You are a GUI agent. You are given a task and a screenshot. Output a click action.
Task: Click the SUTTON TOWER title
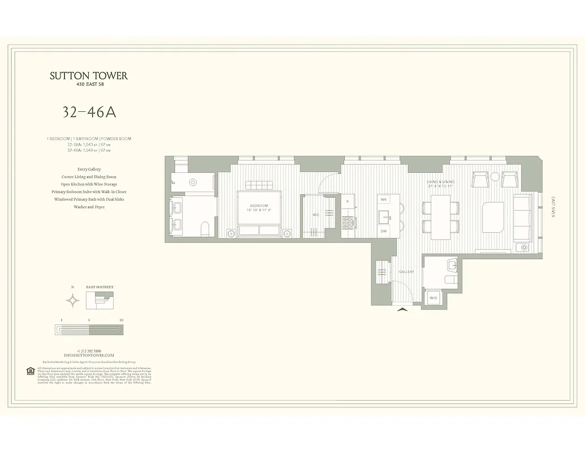pyautogui.click(x=89, y=76)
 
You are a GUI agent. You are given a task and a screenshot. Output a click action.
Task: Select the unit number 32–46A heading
pyautogui.click(x=89, y=112)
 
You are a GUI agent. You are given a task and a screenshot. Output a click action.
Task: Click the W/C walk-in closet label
pyautogui.click(x=317, y=215)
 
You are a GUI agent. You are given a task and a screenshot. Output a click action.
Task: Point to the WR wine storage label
pyautogui.click(x=383, y=200)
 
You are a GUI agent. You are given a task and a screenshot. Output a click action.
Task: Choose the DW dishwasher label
pyautogui.click(x=383, y=231)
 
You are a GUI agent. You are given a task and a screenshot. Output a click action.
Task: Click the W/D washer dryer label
pyautogui.click(x=434, y=298)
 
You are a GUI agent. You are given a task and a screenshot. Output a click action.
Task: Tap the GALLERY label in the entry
pyautogui.click(x=406, y=272)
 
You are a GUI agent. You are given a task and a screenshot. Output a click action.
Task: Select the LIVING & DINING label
pyautogui.click(x=440, y=182)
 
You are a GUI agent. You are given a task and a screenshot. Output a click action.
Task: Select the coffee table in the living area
pyautogui.click(x=493, y=217)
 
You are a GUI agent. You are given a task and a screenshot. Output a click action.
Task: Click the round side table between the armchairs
pyautogui.click(x=495, y=177)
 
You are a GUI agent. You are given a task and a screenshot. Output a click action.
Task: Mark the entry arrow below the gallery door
pyautogui.click(x=402, y=309)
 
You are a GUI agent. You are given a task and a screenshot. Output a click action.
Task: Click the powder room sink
pyautogui.click(x=451, y=264)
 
